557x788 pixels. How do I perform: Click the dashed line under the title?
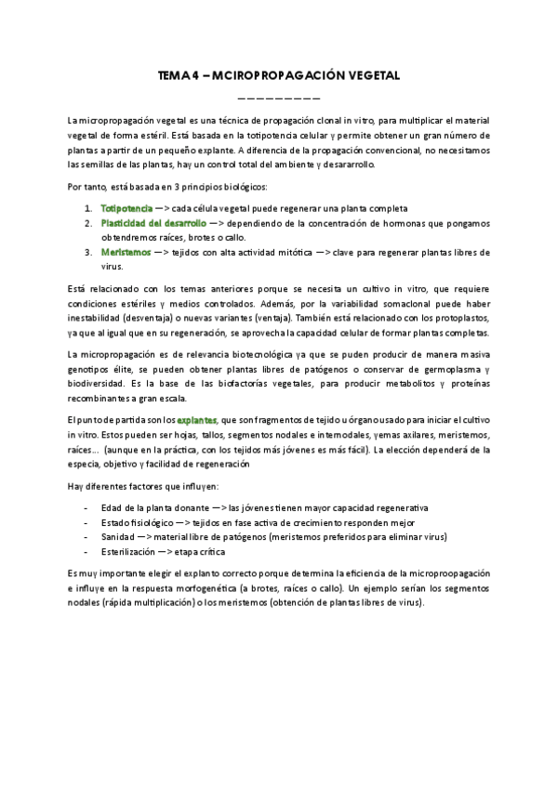(279, 98)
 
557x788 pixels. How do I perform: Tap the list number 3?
(86, 252)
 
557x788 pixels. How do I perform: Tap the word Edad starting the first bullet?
(111, 507)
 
